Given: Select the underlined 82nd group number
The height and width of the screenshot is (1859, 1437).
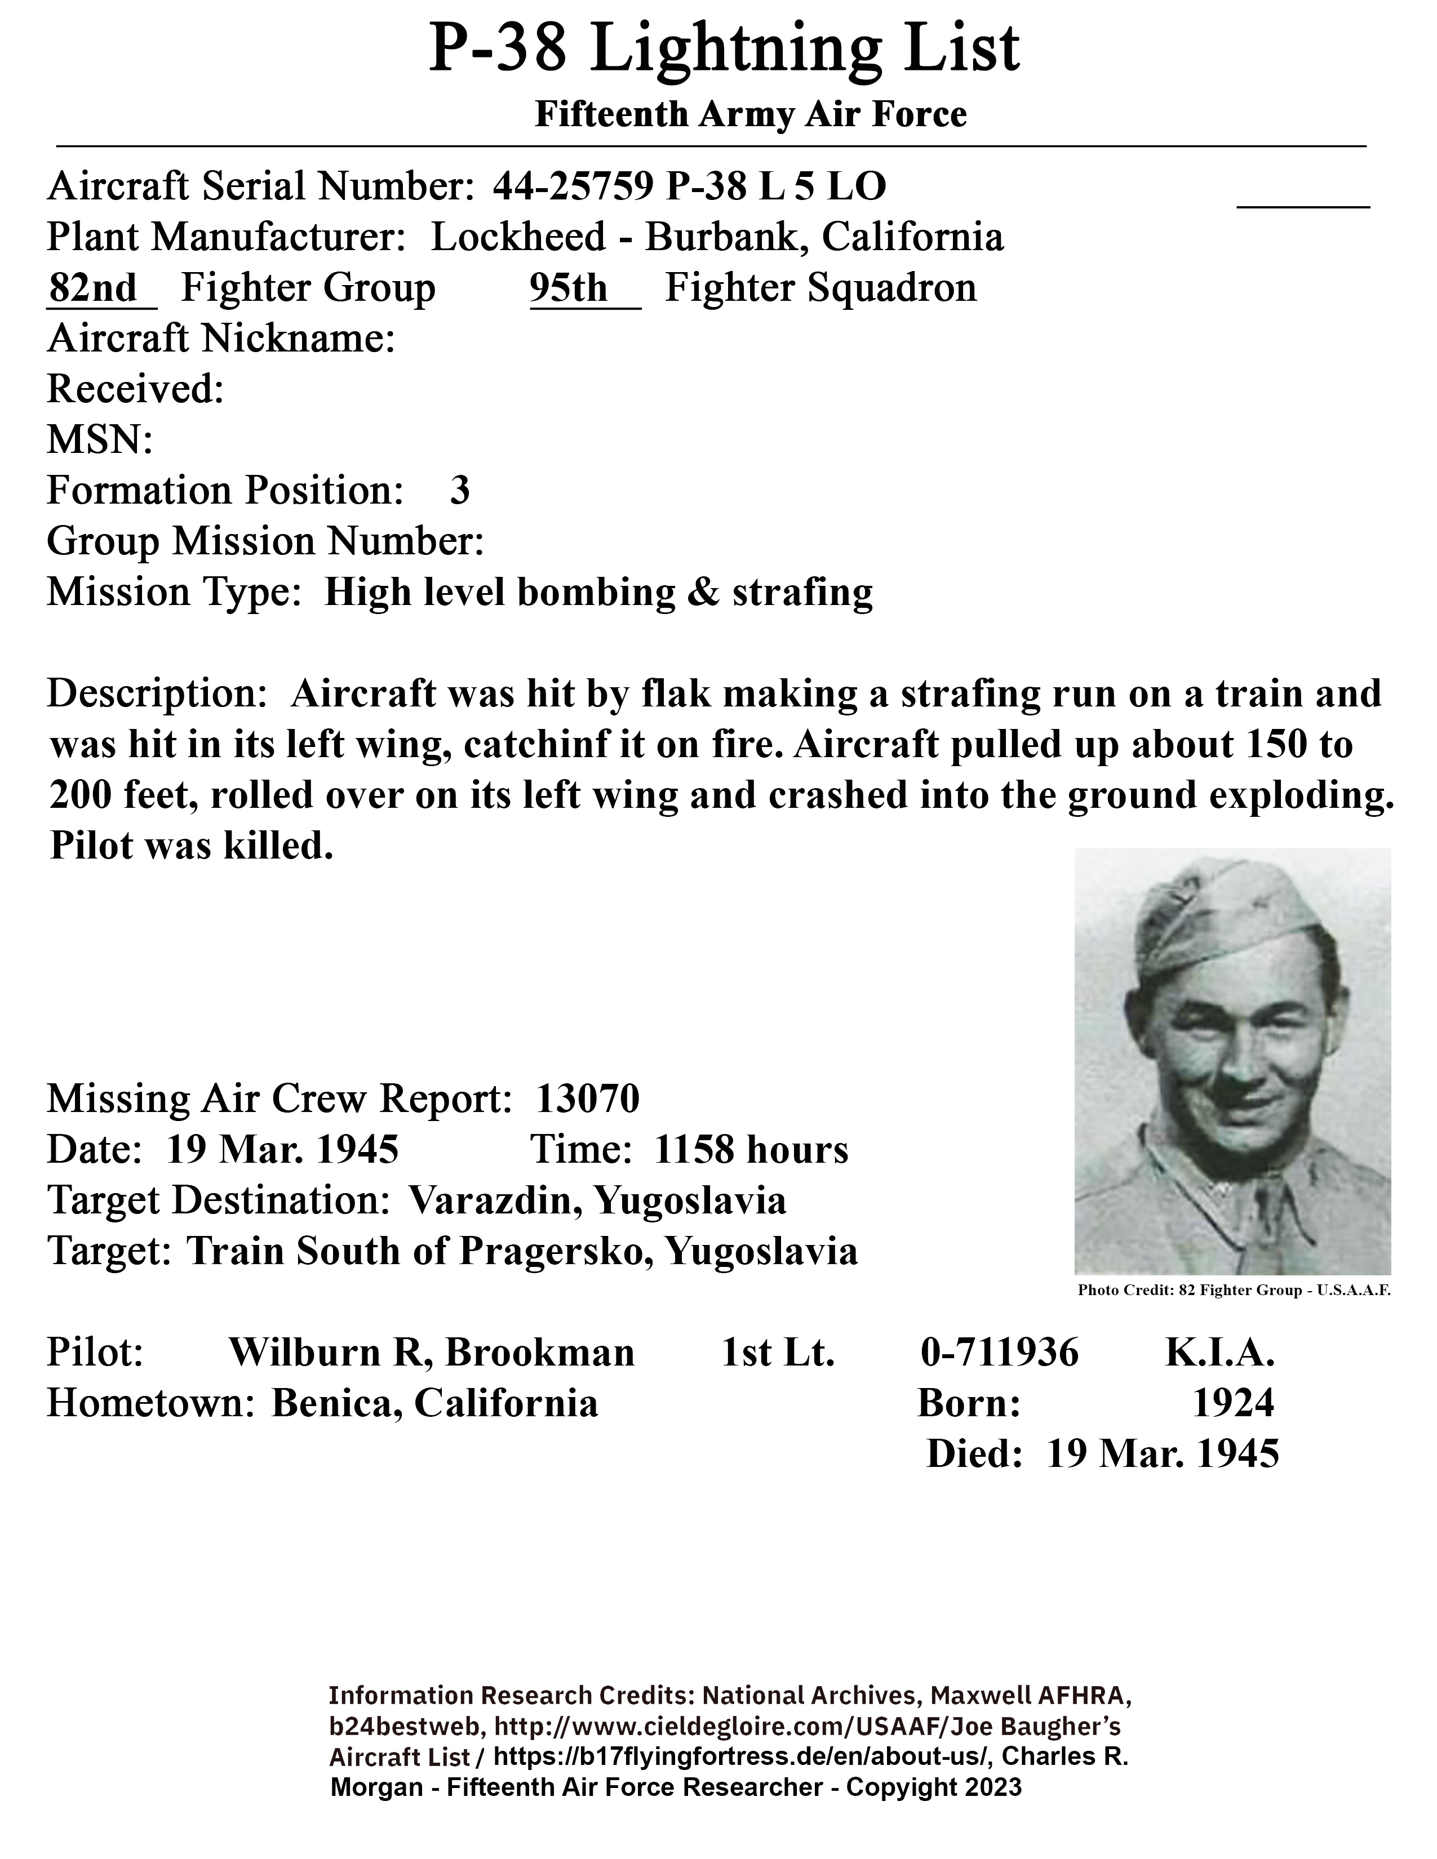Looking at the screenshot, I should click(x=93, y=288).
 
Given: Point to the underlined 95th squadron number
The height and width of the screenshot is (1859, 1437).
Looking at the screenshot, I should click(x=568, y=288).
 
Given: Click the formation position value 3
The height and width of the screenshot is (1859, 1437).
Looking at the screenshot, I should click(x=460, y=491).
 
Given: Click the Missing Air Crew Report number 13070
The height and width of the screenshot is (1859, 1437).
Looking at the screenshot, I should click(x=587, y=1099).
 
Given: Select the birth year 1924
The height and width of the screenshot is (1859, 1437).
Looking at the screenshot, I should click(x=1232, y=1403).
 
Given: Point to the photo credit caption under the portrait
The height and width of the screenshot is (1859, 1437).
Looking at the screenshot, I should click(x=1234, y=1291).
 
